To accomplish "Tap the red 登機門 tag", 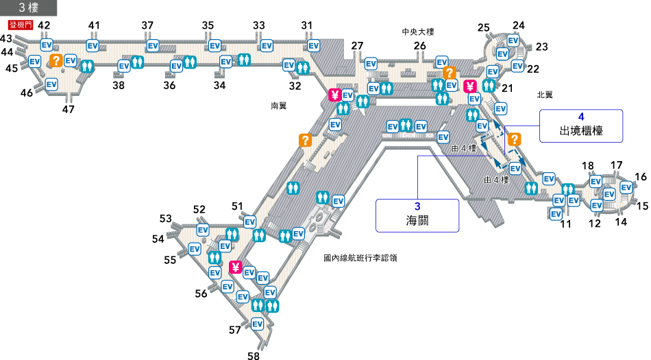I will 16,26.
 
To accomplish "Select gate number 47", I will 69,109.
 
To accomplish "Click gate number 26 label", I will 420,46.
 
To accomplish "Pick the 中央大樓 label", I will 419,32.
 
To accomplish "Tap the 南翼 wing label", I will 279,106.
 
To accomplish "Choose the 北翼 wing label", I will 545,95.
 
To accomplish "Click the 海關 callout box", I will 417,215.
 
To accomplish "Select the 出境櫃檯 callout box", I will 581,125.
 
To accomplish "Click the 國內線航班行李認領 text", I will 360,259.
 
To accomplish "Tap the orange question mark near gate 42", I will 55,60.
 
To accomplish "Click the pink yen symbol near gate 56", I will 236,267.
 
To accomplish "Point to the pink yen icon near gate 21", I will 469,86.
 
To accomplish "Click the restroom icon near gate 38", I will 137,62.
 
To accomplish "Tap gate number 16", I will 641,177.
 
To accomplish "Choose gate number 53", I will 166,219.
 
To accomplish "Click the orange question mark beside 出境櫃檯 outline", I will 513,140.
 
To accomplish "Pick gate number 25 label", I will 484,27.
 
